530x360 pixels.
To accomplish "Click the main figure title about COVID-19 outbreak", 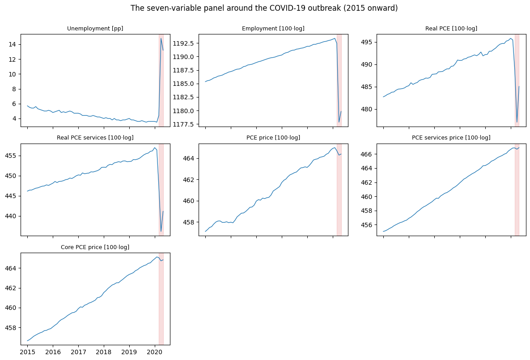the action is (x=264, y=8).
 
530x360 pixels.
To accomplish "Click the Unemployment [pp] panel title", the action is (x=95, y=28).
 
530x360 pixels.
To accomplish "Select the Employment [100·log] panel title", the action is (x=273, y=28).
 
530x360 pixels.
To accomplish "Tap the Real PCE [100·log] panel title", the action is (x=451, y=28).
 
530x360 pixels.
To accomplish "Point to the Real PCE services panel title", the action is (x=95, y=138).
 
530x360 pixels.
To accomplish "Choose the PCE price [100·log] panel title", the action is (x=273, y=138).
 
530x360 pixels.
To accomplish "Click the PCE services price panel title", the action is (x=451, y=138).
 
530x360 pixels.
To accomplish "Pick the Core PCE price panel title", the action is (x=95, y=247).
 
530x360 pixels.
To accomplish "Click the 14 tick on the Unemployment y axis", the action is (x=13, y=44).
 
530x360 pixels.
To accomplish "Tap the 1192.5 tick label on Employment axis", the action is (x=184, y=43).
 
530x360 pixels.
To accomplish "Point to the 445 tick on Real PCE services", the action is (x=11, y=196).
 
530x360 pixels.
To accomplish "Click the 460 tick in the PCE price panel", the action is (x=189, y=201).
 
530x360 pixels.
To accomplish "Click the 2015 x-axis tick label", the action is (x=27, y=352).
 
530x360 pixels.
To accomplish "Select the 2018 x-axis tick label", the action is (x=104, y=352).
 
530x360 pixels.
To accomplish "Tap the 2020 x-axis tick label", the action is (x=155, y=352).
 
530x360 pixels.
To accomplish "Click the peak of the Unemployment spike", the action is (x=161, y=38).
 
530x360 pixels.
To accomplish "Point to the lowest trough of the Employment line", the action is (x=339, y=123).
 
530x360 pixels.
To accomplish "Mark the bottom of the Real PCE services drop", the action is (x=161, y=232).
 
